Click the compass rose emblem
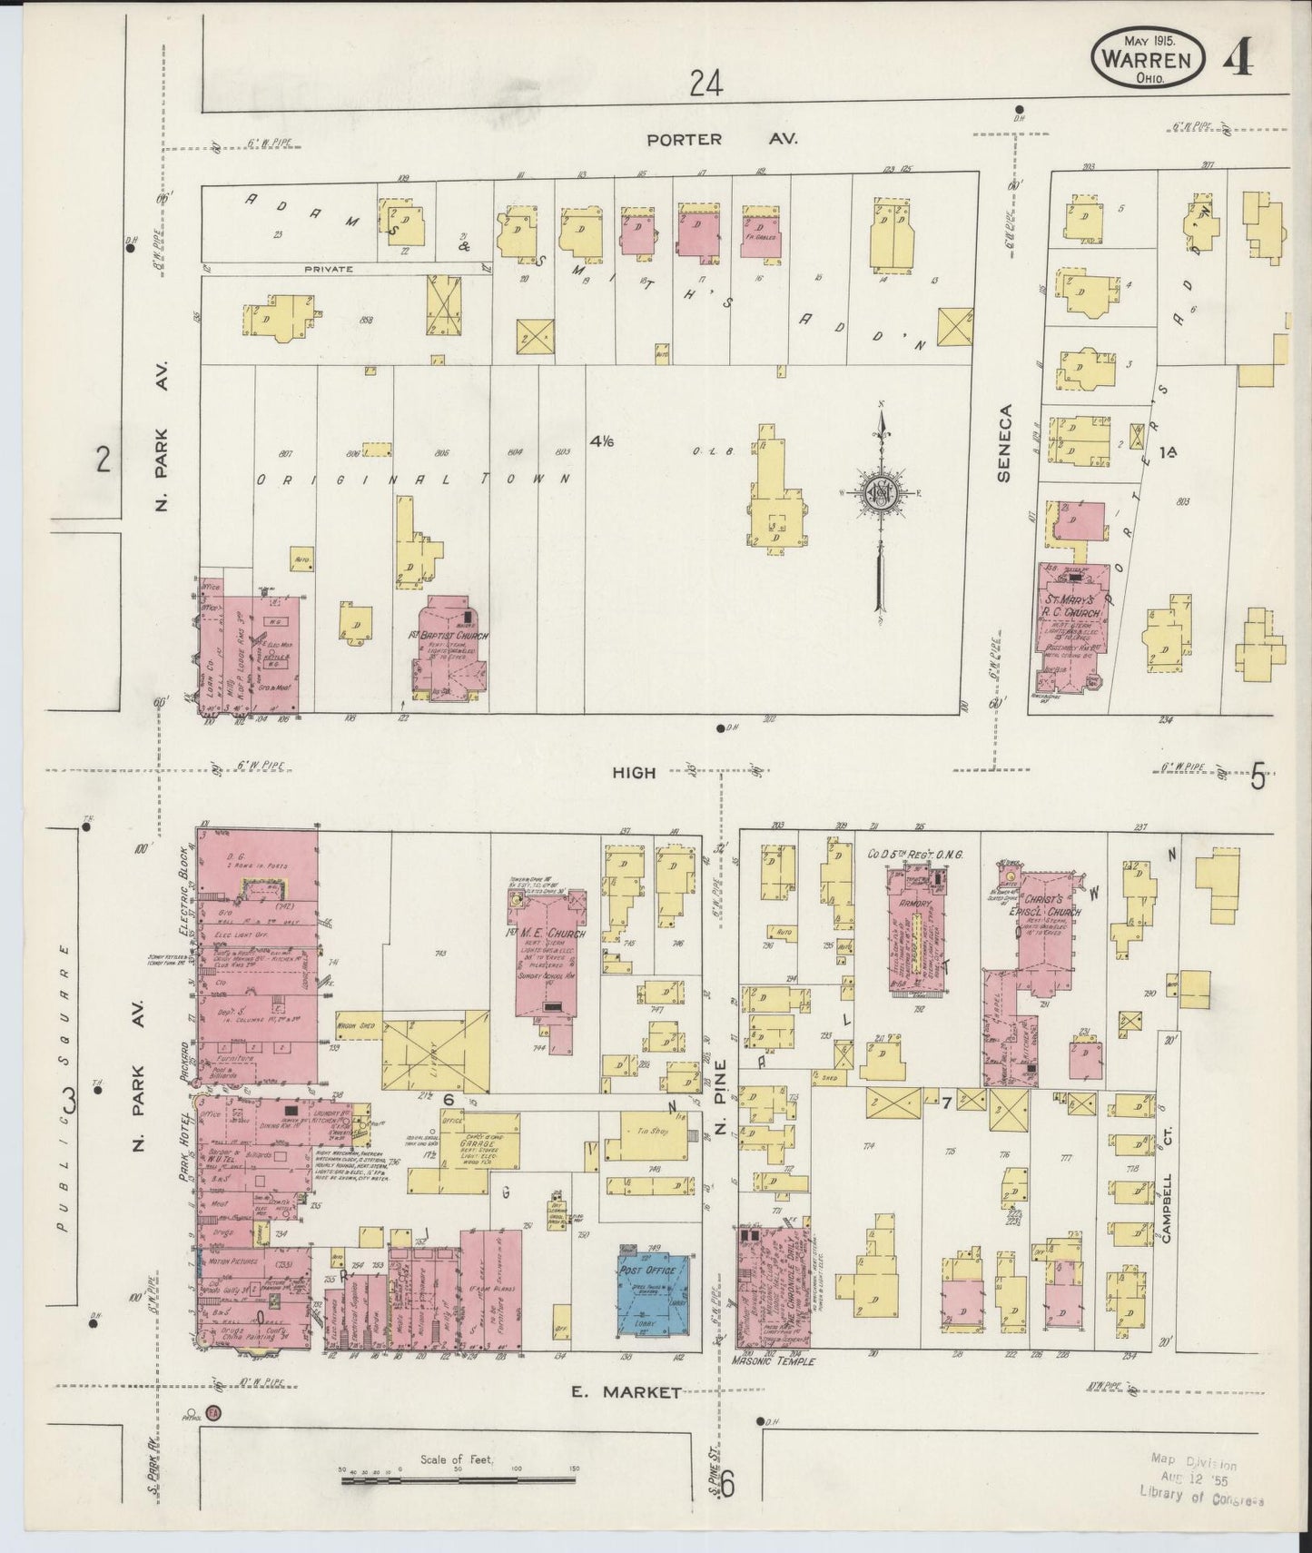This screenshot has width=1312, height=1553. click(880, 493)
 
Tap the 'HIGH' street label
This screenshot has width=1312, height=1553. click(633, 772)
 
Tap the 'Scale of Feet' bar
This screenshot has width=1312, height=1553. click(459, 1480)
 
